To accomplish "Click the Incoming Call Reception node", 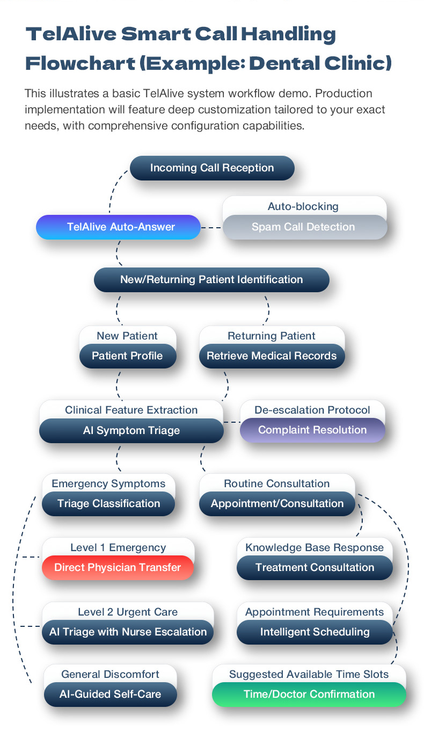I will pyautogui.click(x=212, y=168).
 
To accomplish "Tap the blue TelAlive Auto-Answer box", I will pyautogui.click(x=118, y=227).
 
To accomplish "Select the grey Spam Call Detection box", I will pyautogui.click(x=303, y=227).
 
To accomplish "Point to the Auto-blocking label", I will pyautogui.click(x=303, y=207).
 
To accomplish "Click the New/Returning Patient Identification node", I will pyautogui.click(x=211, y=280).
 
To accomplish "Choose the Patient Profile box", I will pyautogui.click(x=127, y=356).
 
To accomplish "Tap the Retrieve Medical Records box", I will pyautogui.click(x=272, y=356).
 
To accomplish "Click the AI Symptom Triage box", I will pyautogui.click(x=131, y=431).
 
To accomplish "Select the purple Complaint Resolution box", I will pyautogui.click(x=312, y=430).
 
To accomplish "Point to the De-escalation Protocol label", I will pyautogui.click(x=312, y=410).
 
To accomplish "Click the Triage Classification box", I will pyautogui.click(x=108, y=504).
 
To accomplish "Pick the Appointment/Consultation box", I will pyautogui.click(x=277, y=504).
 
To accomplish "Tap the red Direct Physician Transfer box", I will pyautogui.click(x=118, y=568).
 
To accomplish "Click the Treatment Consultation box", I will pyautogui.click(x=315, y=568).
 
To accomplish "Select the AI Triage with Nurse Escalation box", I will pyautogui.click(x=128, y=632).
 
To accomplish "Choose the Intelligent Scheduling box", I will pyautogui.click(x=315, y=632).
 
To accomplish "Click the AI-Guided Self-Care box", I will pyautogui.click(x=110, y=695).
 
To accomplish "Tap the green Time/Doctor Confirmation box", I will pyautogui.click(x=309, y=695).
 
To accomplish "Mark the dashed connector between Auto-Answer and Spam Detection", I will pyautogui.click(x=211, y=228).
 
